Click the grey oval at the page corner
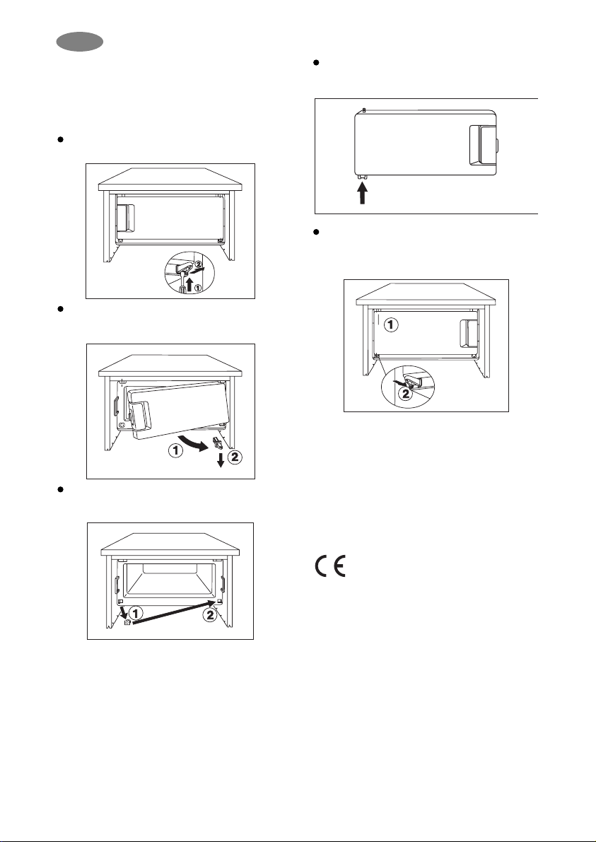[x=80, y=42]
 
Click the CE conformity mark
[x=330, y=566]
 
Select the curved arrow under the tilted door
[x=193, y=443]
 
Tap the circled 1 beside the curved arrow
[x=175, y=452]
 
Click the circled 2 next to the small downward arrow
[x=235, y=458]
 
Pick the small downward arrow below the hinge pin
[x=220, y=461]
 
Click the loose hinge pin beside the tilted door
[x=218, y=443]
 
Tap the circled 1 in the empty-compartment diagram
[x=137, y=612]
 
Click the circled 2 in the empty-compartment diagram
[x=210, y=615]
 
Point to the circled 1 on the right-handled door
[x=392, y=325]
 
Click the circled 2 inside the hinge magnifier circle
[x=406, y=394]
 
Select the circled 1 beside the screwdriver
[x=197, y=288]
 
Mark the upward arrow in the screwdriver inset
[x=189, y=282]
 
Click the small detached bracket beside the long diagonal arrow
[x=127, y=623]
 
